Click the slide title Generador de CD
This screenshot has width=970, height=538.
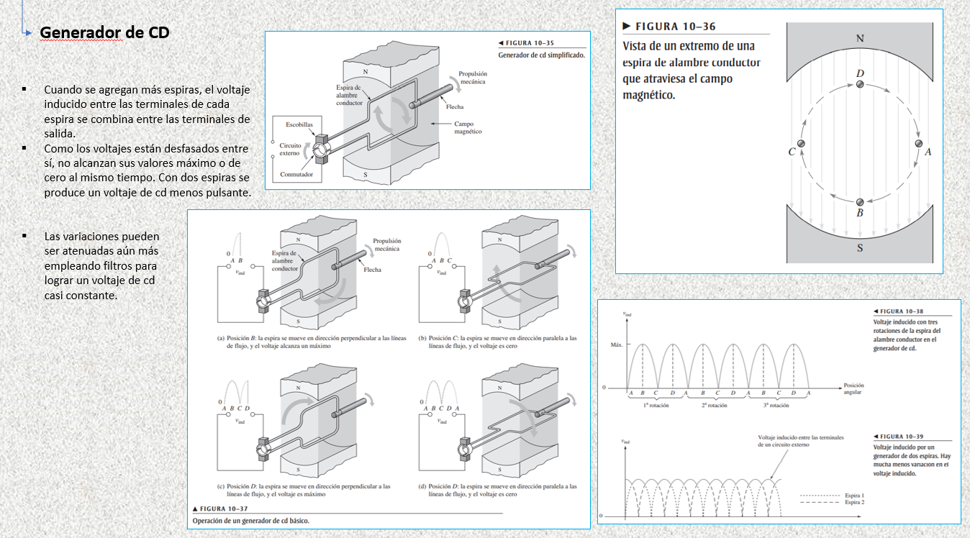pyautogui.click(x=104, y=33)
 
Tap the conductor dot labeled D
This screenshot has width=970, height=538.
pyautogui.click(x=860, y=86)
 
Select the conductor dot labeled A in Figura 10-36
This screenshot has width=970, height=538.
pyautogui.click(x=918, y=144)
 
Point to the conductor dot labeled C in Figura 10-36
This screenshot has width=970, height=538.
pyautogui.click(x=800, y=145)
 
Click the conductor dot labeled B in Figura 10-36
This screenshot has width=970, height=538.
pyautogui.click(x=859, y=203)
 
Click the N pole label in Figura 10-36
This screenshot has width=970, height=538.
pyautogui.click(x=861, y=37)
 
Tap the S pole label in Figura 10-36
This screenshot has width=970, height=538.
pyautogui.click(x=860, y=249)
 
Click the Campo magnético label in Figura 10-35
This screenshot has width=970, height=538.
pyautogui.click(x=468, y=127)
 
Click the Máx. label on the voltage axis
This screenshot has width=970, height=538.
pyautogui.click(x=615, y=345)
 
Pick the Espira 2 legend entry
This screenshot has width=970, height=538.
pyautogui.click(x=854, y=502)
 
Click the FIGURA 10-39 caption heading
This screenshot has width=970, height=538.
pyautogui.click(x=899, y=437)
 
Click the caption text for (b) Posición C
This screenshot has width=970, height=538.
pyautogui.click(x=502, y=341)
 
